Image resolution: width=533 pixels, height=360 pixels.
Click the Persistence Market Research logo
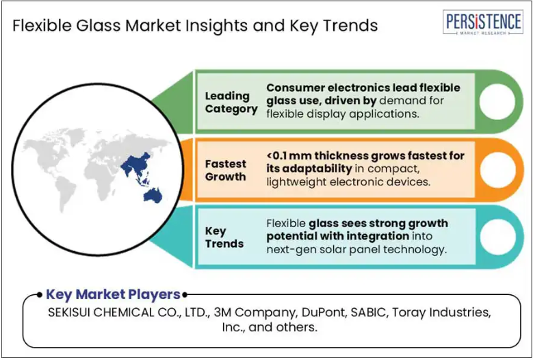click(x=482, y=23)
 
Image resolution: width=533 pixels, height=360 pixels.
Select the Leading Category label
click(x=231, y=103)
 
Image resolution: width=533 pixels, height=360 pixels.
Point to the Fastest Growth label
click(x=225, y=170)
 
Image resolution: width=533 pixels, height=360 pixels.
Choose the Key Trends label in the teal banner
click(x=224, y=237)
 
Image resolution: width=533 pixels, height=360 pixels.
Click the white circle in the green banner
click(x=497, y=102)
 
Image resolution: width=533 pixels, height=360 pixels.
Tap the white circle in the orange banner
click(x=497, y=170)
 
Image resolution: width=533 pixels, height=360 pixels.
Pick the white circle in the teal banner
click(x=497, y=237)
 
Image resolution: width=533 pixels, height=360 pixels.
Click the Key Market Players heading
click(x=113, y=294)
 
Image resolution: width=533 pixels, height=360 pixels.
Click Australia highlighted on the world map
click(x=153, y=196)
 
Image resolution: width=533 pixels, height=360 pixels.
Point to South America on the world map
click(x=66, y=193)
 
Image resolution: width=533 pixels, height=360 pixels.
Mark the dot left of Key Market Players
click(x=40, y=295)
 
